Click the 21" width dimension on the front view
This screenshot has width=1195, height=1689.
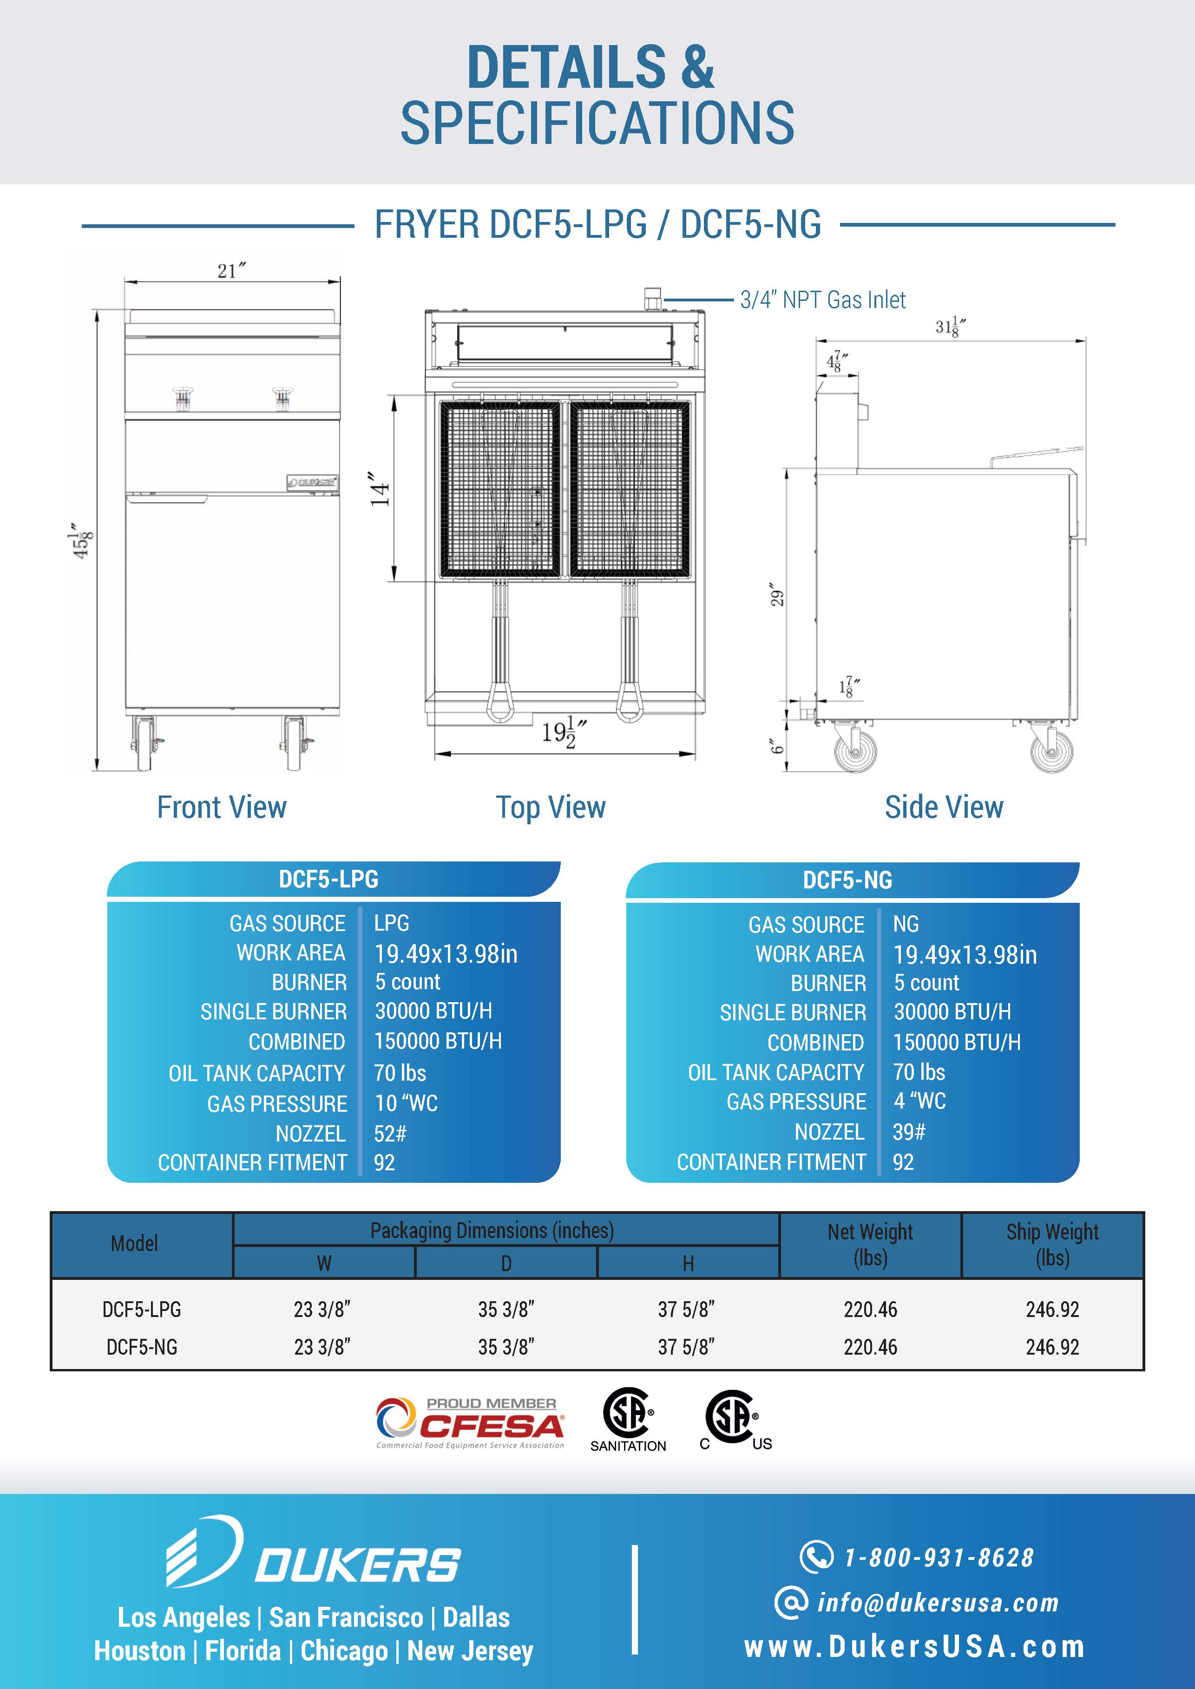(231, 271)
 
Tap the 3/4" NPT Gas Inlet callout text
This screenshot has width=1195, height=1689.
(823, 300)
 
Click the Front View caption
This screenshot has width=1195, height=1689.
(222, 807)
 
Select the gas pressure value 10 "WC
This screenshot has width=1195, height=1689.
(406, 1103)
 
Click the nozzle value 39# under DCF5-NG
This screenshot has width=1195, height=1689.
(909, 1131)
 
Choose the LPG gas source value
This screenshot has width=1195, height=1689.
(392, 922)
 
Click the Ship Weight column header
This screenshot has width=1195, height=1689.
(1052, 1245)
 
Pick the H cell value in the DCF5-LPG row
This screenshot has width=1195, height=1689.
(686, 1310)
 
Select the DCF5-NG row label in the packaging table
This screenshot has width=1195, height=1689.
(142, 1347)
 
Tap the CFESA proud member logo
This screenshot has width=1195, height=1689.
(470, 1423)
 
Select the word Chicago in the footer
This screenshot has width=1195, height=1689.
(344, 1651)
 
